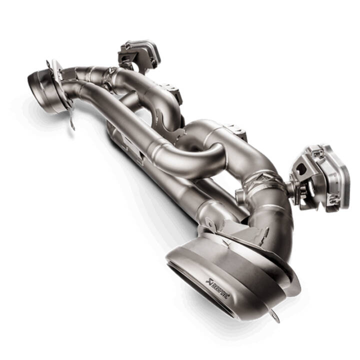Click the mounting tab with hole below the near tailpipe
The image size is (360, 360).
(x=275, y=315)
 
